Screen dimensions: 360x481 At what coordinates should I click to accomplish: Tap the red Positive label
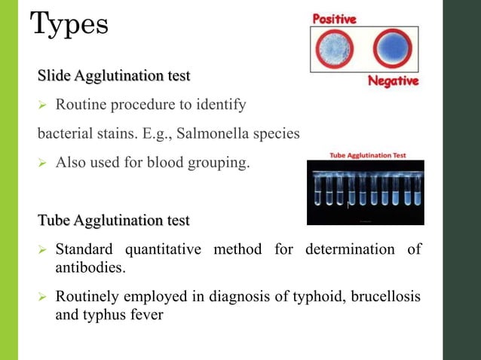tap(335, 20)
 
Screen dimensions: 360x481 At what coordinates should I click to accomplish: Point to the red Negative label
tap(393, 81)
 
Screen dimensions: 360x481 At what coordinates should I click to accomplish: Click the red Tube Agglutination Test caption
tap(367, 155)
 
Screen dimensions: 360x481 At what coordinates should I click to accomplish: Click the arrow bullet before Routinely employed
tap(43, 299)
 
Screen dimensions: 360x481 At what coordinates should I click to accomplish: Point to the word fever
tap(144, 316)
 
